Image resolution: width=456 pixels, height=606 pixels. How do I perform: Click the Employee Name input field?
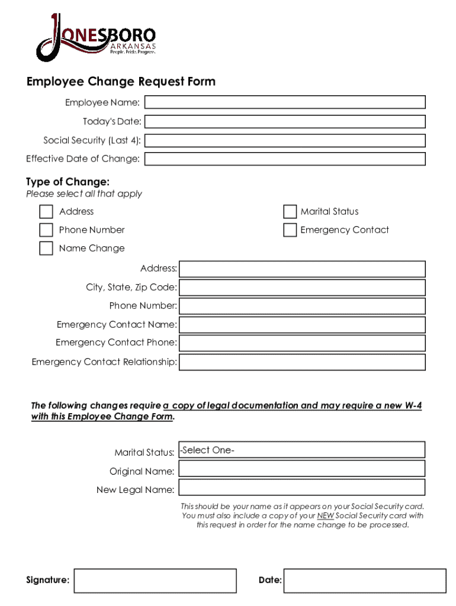coord(285,102)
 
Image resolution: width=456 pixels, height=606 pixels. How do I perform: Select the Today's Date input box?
coord(285,121)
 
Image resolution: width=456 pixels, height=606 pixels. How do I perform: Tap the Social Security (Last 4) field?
coord(285,140)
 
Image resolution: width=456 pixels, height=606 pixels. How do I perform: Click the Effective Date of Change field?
coord(285,159)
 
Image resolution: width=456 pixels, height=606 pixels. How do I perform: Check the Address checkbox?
coord(46,212)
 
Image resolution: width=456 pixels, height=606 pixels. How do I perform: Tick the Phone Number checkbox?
coord(46,230)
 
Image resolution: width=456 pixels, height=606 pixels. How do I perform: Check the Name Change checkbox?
coord(46,248)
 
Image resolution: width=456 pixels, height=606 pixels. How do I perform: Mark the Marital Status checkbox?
coord(290,212)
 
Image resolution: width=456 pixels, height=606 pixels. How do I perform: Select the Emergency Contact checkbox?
coord(290,230)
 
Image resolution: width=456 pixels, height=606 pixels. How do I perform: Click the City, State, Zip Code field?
coord(302,288)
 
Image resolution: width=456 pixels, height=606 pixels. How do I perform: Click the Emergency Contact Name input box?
coord(302,325)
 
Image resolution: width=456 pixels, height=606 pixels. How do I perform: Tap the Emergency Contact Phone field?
coord(302,343)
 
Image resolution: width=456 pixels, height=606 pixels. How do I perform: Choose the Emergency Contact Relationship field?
coord(302,362)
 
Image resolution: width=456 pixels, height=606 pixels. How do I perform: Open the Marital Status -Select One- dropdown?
coord(302,450)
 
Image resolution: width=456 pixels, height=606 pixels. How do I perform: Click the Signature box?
coord(155,581)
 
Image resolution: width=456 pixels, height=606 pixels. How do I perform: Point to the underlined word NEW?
coord(325,515)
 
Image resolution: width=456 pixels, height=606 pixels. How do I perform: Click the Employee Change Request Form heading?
coord(121,82)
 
